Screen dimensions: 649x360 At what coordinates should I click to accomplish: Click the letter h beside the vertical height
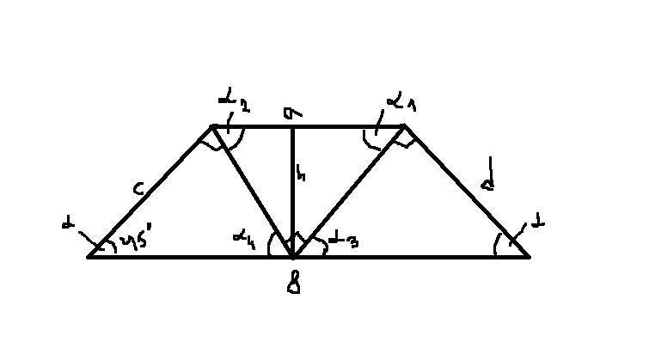coord(302,174)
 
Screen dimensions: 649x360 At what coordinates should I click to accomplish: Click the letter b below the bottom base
coord(293,281)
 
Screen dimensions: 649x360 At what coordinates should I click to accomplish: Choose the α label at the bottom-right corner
coord(538,225)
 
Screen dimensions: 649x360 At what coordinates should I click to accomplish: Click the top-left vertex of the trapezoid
coord(212,127)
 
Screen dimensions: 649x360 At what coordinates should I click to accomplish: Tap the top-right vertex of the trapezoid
coord(405,126)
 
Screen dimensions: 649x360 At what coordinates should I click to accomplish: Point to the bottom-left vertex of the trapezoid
coord(89,256)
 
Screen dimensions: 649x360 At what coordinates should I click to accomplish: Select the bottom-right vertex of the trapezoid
coord(528,256)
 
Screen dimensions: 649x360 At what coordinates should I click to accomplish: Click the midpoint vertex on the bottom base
coord(293,256)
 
